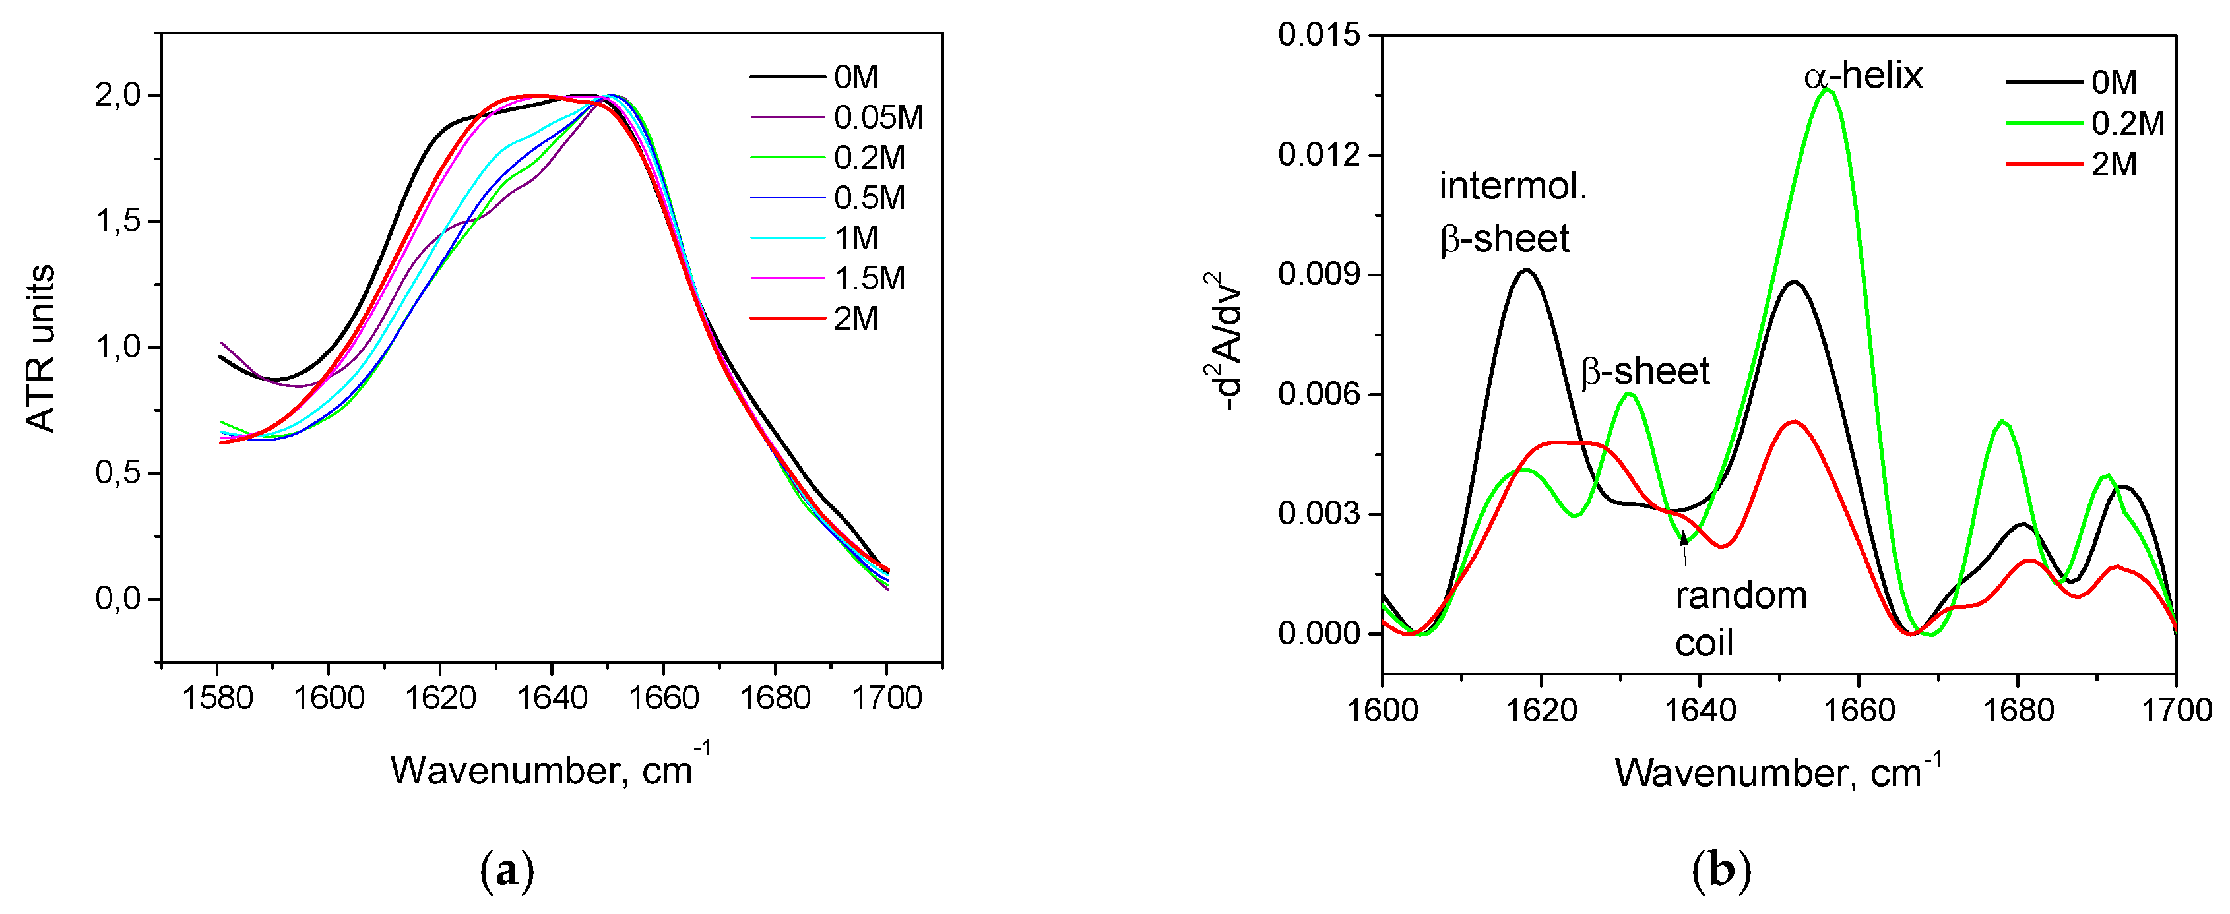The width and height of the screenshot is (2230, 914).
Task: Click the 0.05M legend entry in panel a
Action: pyautogui.click(x=877, y=117)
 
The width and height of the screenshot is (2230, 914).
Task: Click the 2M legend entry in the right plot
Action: pyautogui.click(x=2113, y=164)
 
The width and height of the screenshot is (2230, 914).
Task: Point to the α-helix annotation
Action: pyautogui.click(x=1863, y=76)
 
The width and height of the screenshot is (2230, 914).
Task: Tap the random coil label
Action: pyautogui.click(x=1740, y=618)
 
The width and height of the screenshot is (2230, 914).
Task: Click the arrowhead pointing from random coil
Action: pyautogui.click(x=1684, y=538)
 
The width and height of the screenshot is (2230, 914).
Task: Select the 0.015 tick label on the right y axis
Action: pyautogui.click(x=1318, y=36)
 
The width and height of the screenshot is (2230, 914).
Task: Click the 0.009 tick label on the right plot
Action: pyautogui.click(x=1318, y=274)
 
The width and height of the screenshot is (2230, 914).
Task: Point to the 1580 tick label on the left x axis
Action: pyautogui.click(x=217, y=697)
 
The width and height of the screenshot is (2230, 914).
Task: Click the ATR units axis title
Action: pyautogui.click(x=40, y=348)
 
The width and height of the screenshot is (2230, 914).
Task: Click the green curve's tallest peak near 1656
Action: pyautogui.click(x=1828, y=89)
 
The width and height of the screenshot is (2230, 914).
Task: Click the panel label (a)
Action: pyautogui.click(x=507, y=870)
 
